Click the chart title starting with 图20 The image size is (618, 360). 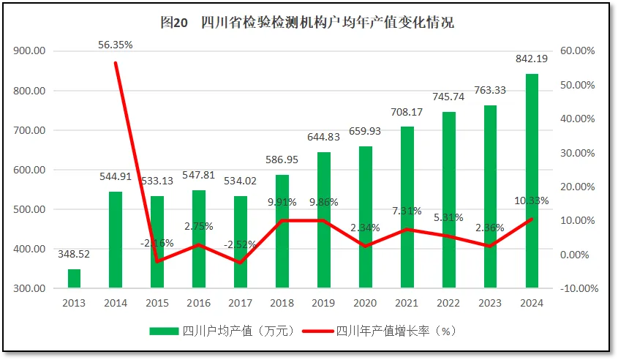click(x=307, y=22)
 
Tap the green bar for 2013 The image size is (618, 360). click(x=74, y=279)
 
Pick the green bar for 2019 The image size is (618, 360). click(x=324, y=220)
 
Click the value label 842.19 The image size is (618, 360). click(x=532, y=59)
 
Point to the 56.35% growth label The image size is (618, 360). click(x=116, y=45)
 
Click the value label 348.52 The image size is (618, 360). click(x=74, y=254)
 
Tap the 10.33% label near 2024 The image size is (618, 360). click(x=532, y=200)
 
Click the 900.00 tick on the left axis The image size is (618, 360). click(x=29, y=51)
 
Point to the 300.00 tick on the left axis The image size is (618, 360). click(x=29, y=288)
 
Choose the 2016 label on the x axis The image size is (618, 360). click(x=199, y=303)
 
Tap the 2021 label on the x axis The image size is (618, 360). click(x=407, y=303)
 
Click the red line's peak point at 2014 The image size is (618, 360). click(x=116, y=63)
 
